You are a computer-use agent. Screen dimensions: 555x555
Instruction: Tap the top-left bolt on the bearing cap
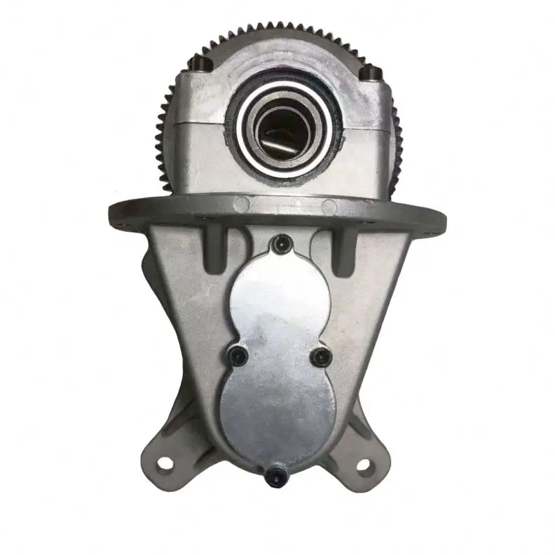[198, 65]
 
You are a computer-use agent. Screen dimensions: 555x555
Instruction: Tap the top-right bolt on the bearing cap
[371, 71]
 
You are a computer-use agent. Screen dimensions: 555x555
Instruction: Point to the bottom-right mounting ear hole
[363, 463]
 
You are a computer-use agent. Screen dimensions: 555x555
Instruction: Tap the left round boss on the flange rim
[241, 204]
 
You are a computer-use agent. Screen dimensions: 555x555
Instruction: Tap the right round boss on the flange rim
[328, 205]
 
